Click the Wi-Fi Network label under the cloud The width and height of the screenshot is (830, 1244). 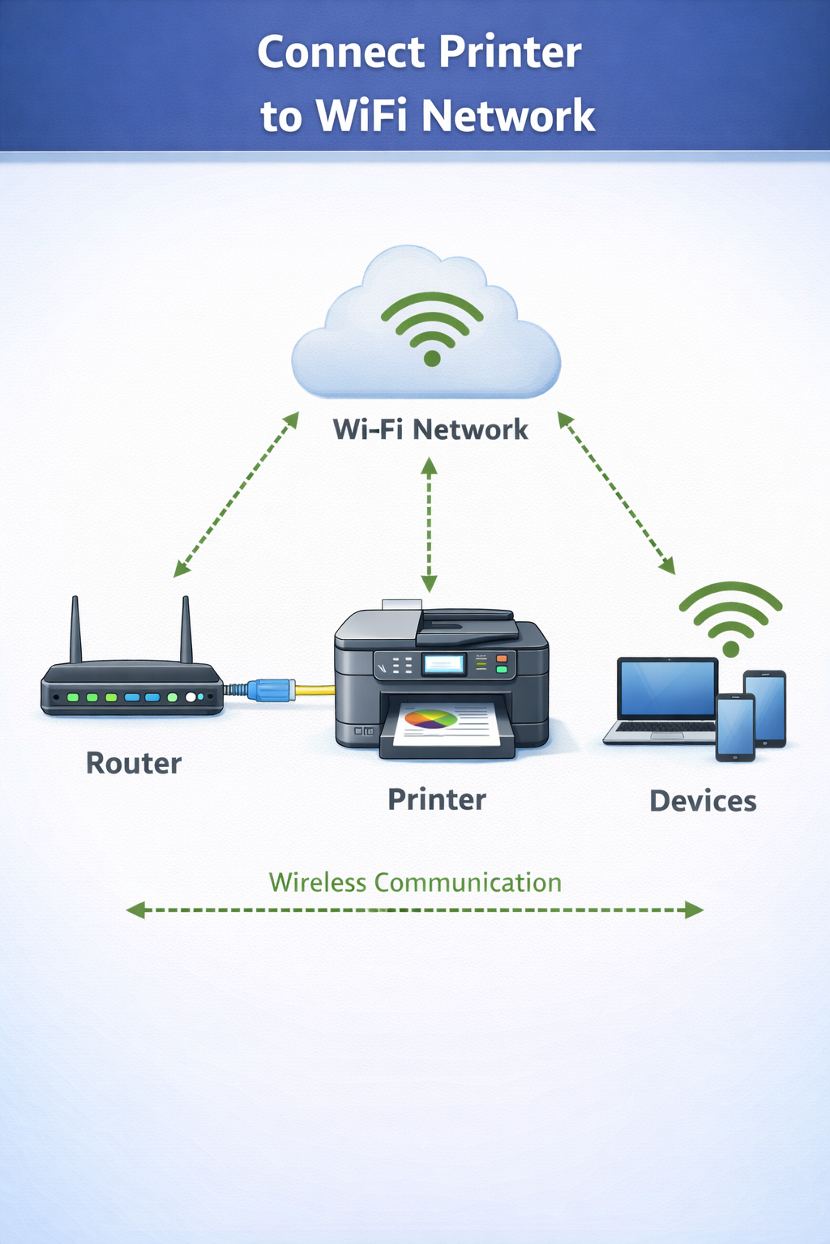click(x=430, y=429)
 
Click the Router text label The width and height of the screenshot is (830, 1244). click(x=134, y=764)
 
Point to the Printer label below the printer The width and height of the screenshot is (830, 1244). click(x=437, y=799)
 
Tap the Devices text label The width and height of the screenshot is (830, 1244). click(x=703, y=801)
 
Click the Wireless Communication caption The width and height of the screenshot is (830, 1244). click(x=415, y=882)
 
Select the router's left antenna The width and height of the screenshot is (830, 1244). click(x=75, y=630)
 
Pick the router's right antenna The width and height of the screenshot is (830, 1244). click(x=186, y=630)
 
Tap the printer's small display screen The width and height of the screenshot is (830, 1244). click(x=443, y=665)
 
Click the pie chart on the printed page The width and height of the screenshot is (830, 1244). click(x=431, y=719)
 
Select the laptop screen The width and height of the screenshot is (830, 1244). click(x=667, y=688)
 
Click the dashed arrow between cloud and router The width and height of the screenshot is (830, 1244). click(x=236, y=495)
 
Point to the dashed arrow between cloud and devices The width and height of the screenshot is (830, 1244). click(x=616, y=493)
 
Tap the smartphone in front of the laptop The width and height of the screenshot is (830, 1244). click(x=735, y=727)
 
